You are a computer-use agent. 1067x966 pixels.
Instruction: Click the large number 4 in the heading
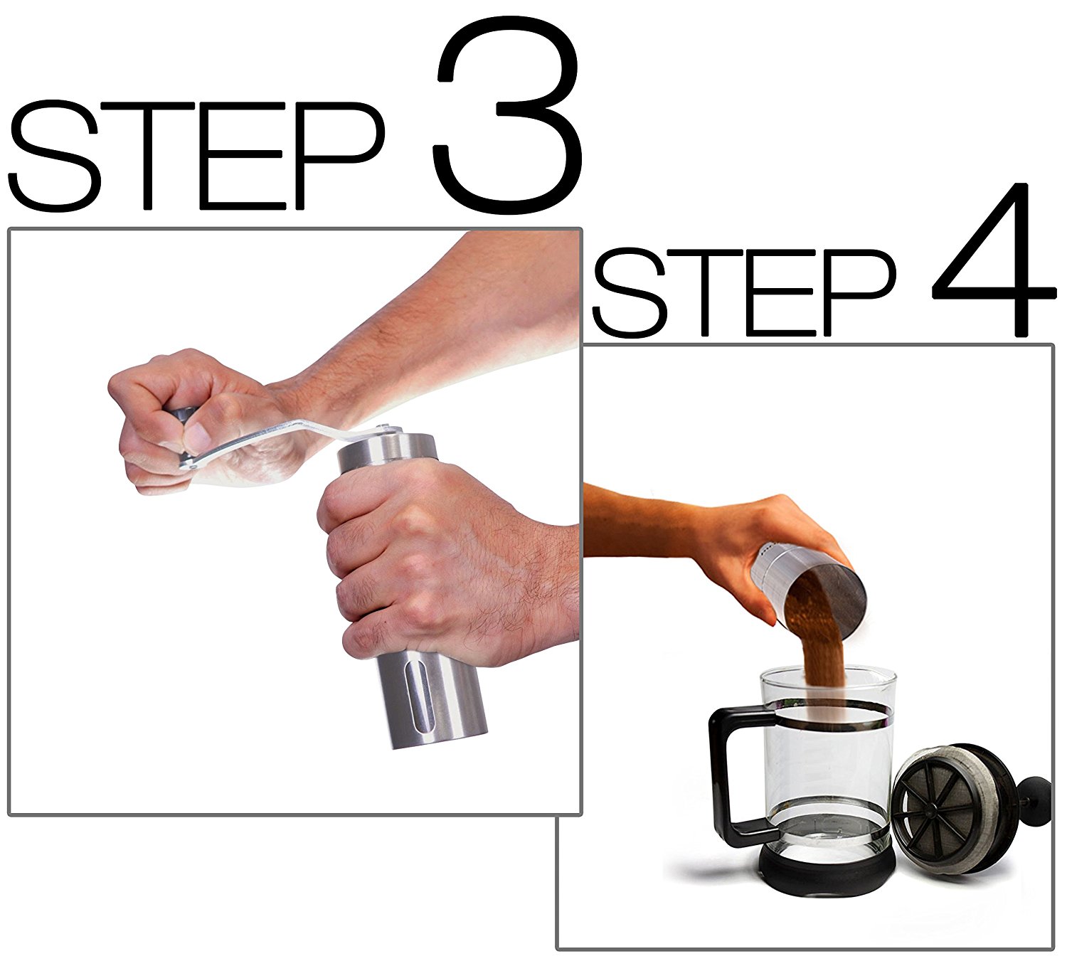(x=992, y=263)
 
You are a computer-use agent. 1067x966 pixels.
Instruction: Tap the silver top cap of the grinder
(x=388, y=452)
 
